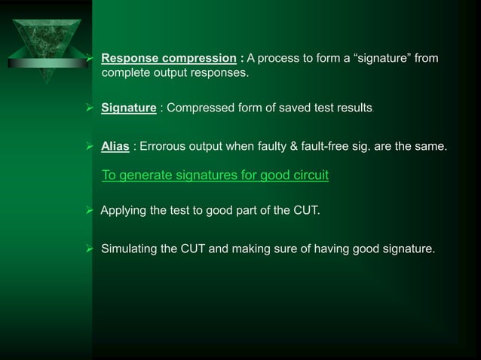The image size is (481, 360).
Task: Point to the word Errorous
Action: coord(162,145)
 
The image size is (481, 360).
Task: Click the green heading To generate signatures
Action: coord(214,176)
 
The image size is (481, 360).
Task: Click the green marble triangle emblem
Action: coord(46,32)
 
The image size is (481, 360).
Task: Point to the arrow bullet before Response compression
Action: coord(91,58)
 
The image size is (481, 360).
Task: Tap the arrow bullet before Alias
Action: coord(91,145)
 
